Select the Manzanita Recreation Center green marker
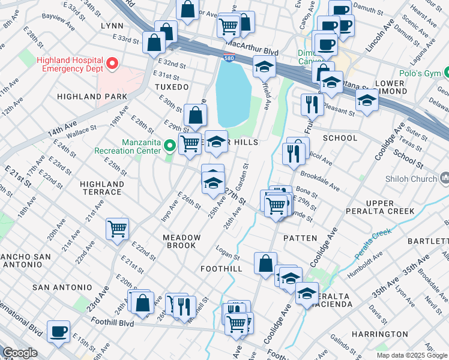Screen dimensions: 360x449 tap(170, 145)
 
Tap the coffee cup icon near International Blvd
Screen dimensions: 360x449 tap(59, 331)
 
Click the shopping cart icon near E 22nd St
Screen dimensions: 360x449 tap(117, 229)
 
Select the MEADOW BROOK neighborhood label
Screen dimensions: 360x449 tap(181, 242)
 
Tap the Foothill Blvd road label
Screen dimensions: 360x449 tap(112, 322)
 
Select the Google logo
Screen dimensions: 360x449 tap(19, 353)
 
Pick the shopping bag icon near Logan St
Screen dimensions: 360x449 tap(265, 263)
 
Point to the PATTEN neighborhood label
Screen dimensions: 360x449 tap(300, 238)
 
